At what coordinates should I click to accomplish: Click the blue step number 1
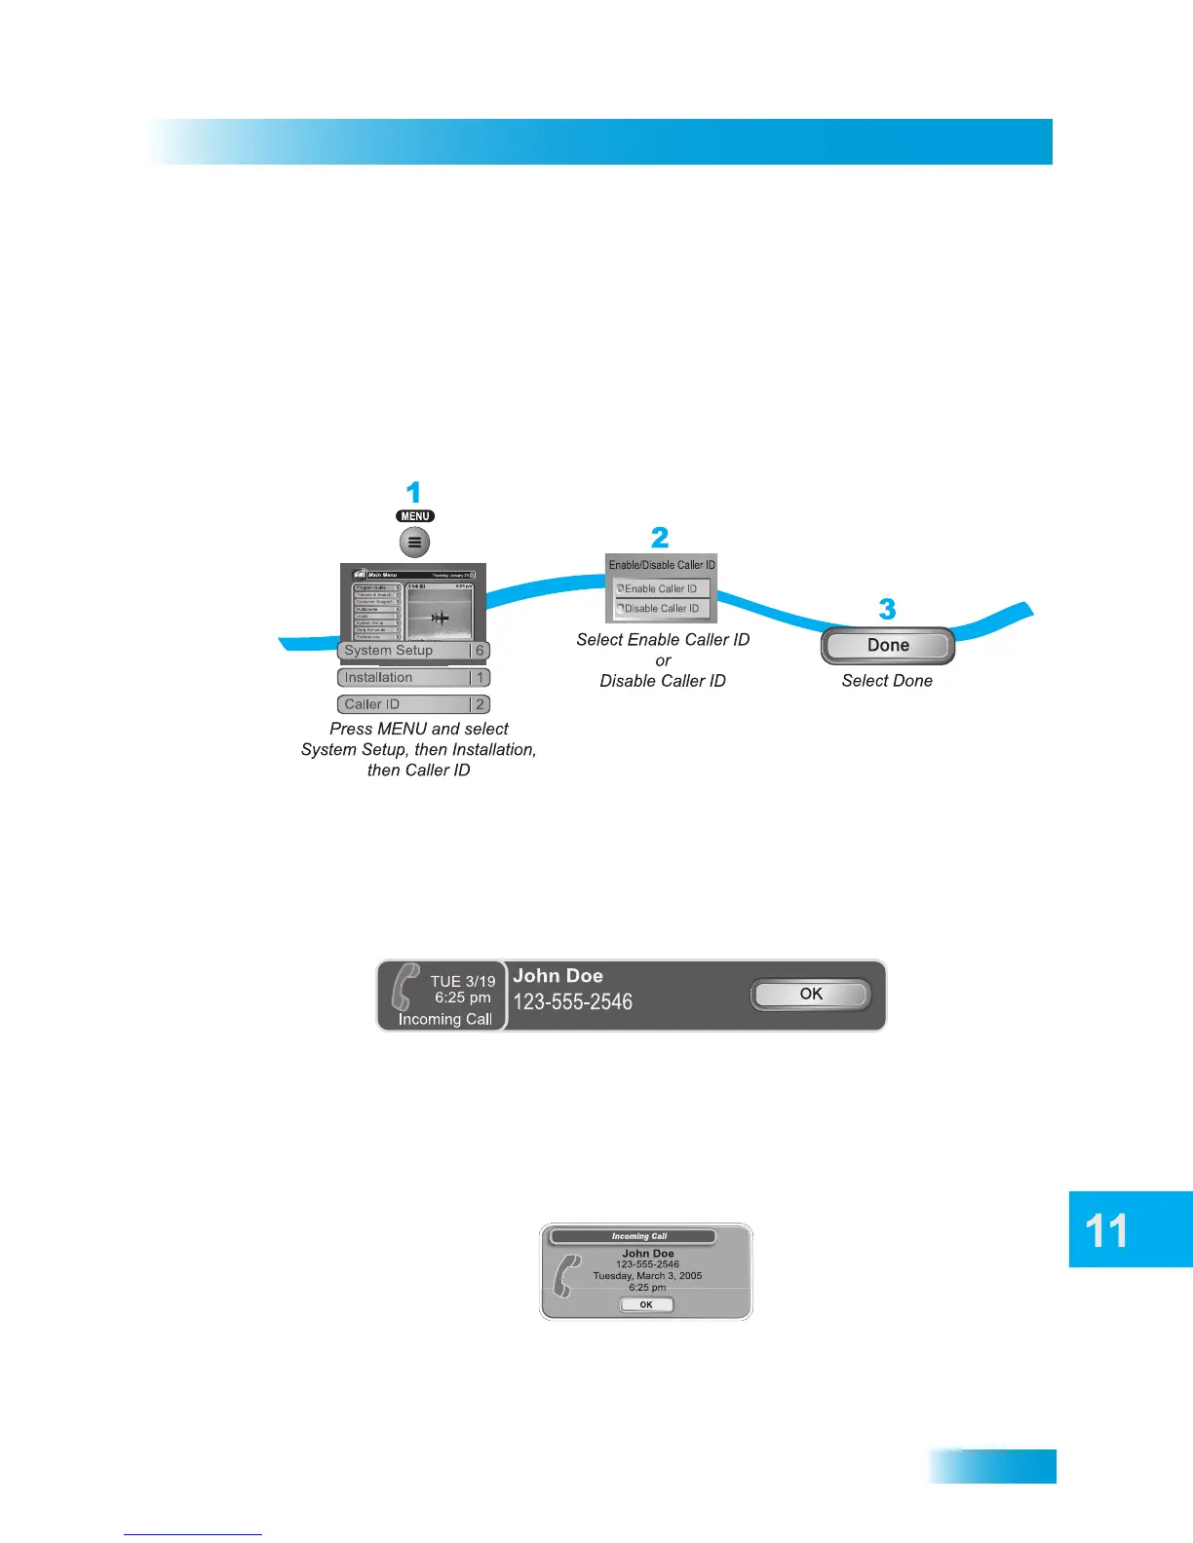[413, 493]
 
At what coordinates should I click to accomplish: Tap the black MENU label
[415, 516]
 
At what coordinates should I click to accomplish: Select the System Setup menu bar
[413, 651]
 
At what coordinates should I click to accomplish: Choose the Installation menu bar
[413, 678]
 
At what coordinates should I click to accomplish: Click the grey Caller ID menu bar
[413, 704]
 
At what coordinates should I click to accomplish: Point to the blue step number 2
[660, 538]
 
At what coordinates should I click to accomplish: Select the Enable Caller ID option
[662, 588]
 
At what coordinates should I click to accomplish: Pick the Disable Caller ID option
[662, 608]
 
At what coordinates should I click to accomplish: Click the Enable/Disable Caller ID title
[662, 565]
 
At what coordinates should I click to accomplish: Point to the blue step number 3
[887, 610]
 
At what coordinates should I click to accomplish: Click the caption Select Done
[887, 681]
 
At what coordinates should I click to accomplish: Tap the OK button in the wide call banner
[811, 995]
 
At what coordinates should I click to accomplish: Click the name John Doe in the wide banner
[558, 976]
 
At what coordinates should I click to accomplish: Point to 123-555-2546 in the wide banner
[573, 1002]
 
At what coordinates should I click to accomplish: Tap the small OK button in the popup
[646, 1304]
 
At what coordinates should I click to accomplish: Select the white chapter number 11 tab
[1107, 1230]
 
